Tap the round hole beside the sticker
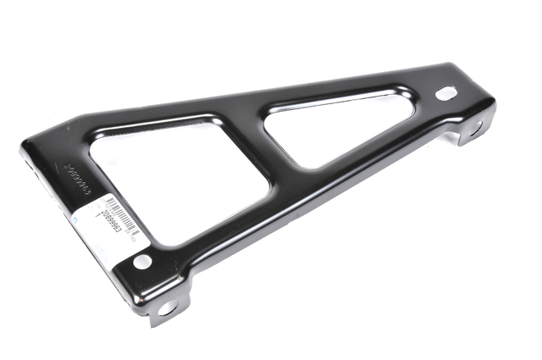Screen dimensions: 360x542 [143, 262]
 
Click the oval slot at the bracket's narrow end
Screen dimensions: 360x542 [445, 92]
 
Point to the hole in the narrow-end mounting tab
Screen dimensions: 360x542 [475, 130]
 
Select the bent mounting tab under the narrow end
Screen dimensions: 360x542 [474, 131]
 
